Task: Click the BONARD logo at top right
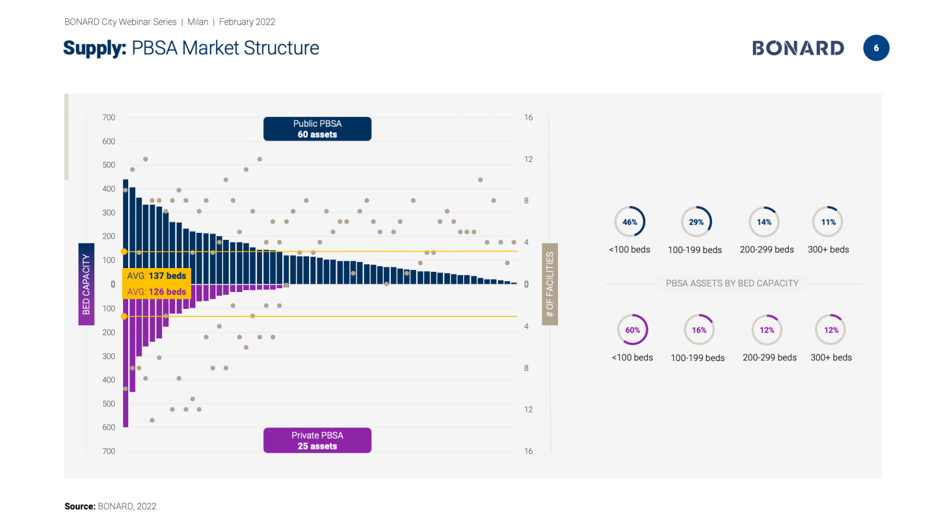tap(798, 48)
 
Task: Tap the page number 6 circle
tap(876, 48)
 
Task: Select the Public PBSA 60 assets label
tap(317, 129)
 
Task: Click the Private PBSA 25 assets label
tap(317, 440)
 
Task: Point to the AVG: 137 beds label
tap(156, 276)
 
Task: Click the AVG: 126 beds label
tap(156, 292)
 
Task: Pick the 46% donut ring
tap(630, 222)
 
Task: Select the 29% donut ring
tap(696, 222)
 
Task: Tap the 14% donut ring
tap(764, 222)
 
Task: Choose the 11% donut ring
tap(828, 222)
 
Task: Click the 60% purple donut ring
tap(632, 330)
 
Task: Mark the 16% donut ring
tap(699, 330)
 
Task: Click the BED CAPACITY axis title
tap(86, 284)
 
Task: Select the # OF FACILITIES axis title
tap(550, 284)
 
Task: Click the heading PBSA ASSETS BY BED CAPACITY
tap(732, 283)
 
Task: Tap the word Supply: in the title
tap(95, 48)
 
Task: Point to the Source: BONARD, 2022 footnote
tap(111, 506)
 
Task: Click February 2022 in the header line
tap(247, 22)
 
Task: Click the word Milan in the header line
tap(198, 22)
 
